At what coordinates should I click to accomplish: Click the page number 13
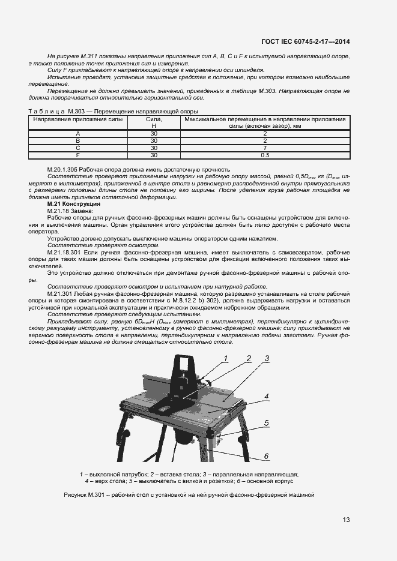tap(346, 520)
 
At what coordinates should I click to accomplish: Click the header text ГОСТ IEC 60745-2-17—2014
tap(306, 41)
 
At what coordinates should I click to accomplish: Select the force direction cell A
tap(78, 133)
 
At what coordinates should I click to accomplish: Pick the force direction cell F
tap(78, 155)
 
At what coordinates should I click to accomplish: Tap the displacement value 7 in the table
tap(265, 148)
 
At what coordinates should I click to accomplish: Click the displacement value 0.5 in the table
tap(265, 155)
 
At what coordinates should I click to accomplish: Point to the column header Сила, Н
tap(154, 122)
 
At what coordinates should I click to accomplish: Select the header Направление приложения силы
tap(78, 119)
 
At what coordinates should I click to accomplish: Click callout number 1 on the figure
tap(226, 358)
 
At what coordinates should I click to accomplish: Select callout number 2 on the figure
tap(247, 358)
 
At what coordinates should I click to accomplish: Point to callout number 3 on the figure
tap(267, 359)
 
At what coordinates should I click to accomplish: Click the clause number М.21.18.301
tap(64, 251)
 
